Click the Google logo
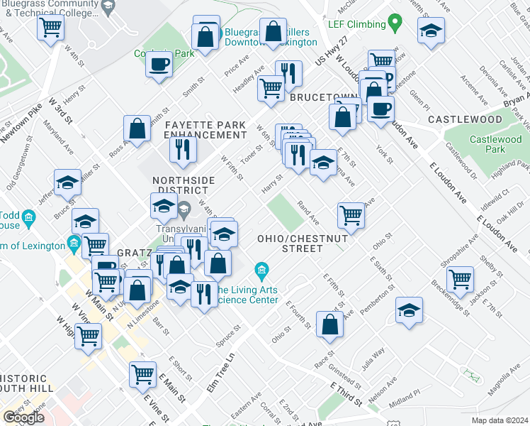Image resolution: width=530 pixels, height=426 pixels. click(23, 417)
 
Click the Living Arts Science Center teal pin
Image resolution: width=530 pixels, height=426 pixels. click(261, 271)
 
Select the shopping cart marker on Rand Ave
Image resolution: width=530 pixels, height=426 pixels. click(351, 216)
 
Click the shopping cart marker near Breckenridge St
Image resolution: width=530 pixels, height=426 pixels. click(461, 279)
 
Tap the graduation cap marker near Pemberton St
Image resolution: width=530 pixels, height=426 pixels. click(409, 310)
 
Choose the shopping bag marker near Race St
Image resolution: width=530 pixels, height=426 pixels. click(330, 324)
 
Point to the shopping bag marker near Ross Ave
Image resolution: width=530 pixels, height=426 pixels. click(137, 128)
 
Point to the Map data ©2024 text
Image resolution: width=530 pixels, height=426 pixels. click(500, 420)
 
